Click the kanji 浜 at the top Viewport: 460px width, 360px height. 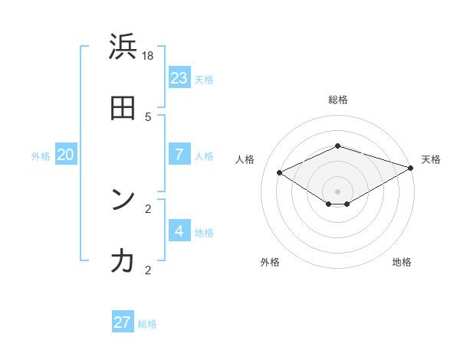pos(123,47)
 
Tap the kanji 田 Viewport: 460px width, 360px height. pos(123,109)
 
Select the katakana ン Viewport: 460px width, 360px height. pos(123,200)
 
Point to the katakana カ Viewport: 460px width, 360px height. pos(123,261)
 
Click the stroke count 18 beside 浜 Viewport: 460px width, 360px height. pos(148,55)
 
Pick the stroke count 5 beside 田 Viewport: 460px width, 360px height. pos(148,116)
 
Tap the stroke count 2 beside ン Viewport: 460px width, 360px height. pos(148,208)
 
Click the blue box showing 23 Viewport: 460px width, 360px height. pos(179,78)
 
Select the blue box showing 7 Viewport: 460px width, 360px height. pos(179,155)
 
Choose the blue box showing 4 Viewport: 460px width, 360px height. pos(179,231)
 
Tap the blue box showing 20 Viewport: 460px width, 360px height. pos(65,155)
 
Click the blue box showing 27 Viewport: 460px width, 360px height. pos(123,322)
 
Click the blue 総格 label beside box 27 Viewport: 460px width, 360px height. pos(147,324)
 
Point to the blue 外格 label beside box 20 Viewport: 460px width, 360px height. pos(41,156)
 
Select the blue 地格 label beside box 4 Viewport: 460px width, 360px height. pos(204,233)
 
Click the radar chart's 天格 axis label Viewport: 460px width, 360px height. pos(431,159)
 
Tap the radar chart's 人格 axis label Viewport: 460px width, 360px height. pos(245,159)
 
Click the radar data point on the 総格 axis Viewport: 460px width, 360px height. pos(337,146)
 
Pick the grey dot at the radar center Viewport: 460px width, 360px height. pos(337,191)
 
